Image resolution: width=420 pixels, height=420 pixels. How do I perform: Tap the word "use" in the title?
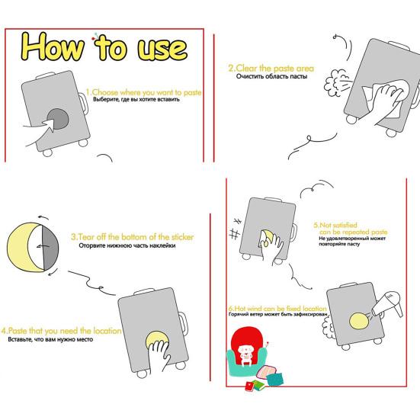point(162,49)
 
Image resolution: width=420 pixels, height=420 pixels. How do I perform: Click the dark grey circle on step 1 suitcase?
point(58,119)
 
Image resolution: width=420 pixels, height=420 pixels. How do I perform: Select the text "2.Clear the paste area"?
point(271,68)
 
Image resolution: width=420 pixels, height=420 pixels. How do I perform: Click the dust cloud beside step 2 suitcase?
point(335,82)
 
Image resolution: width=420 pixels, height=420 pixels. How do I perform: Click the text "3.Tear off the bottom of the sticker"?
point(133,237)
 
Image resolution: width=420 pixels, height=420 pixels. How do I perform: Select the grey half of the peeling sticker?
point(50,247)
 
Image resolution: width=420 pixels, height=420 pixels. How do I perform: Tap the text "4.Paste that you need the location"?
point(61,331)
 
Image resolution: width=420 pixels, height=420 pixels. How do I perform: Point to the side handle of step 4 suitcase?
point(184,325)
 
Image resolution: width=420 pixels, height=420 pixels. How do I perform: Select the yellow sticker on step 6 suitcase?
point(359,321)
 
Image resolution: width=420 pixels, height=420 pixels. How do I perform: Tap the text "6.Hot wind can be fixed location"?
point(277,308)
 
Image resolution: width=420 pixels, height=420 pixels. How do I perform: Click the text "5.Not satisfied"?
point(335,225)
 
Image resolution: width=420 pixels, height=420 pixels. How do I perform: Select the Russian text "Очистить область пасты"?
point(271,76)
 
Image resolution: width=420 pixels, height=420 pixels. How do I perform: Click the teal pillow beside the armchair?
point(275,380)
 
